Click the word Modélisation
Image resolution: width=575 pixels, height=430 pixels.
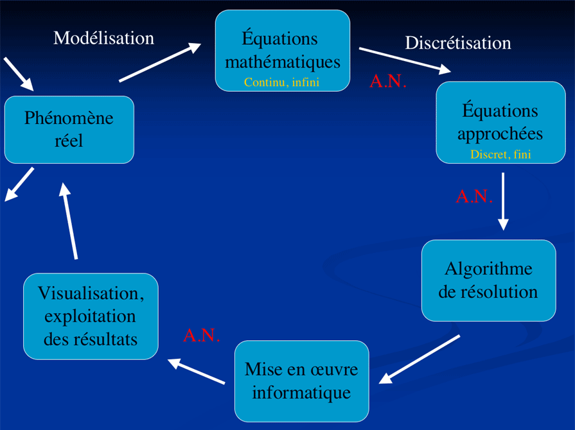[103, 38]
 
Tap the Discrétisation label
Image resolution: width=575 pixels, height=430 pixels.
[457, 43]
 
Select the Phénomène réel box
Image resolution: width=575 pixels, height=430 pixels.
[69, 129]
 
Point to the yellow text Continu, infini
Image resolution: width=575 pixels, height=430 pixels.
[281, 82]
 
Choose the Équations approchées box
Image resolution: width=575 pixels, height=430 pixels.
[500, 122]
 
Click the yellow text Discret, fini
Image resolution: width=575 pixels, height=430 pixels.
[500, 155]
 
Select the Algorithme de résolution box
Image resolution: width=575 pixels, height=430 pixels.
[488, 280]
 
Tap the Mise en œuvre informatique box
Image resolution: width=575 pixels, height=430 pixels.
[301, 381]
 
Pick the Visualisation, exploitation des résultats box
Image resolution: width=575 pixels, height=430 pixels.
[91, 316]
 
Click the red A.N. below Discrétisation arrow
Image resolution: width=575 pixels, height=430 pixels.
[388, 82]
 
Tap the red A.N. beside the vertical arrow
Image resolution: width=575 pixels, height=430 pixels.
[474, 196]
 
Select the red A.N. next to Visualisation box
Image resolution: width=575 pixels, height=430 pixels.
[202, 335]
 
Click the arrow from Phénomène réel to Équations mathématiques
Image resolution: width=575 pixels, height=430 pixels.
[160, 63]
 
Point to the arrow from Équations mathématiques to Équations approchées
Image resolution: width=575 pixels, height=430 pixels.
[405, 60]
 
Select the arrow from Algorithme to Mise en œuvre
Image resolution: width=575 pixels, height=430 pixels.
[420, 359]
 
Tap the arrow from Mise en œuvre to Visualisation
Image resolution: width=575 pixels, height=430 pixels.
[197, 372]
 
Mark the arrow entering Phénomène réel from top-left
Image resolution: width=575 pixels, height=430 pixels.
[17, 73]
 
